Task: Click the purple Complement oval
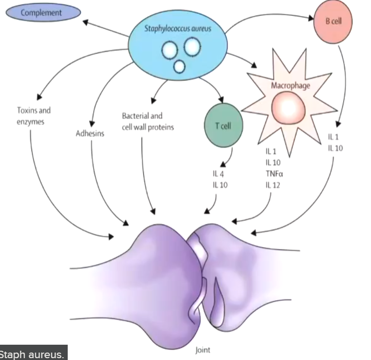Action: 41,13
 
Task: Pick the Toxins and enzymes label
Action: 34,116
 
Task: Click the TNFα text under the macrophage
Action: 275,175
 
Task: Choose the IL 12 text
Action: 274,186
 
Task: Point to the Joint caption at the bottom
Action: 203,350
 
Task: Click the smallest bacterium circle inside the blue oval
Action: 179,67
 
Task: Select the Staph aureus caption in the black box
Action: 34,353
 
